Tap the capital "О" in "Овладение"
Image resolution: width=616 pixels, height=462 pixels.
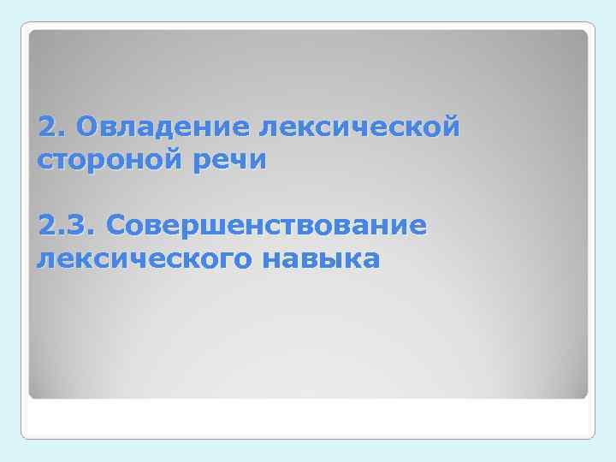[86, 128]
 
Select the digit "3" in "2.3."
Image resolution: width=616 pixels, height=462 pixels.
[80, 227]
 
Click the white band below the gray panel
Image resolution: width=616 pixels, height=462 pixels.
[308, 419]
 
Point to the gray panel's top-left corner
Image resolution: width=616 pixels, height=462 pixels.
[31, 32]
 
